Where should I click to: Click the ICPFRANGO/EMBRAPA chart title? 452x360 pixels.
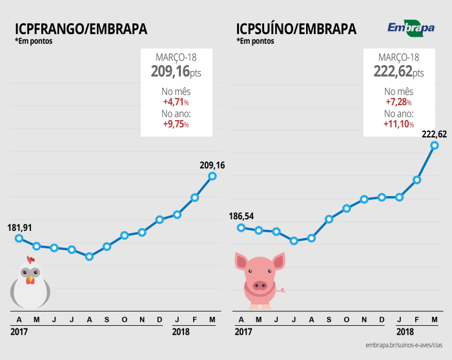coord(81,29)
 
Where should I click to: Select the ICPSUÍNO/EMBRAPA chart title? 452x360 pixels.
coord(296,29)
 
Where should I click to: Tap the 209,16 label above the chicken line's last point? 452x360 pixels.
coord(212,165)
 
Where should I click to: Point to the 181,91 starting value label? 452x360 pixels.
coord(20,227)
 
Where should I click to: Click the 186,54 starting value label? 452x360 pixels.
coord(242,216)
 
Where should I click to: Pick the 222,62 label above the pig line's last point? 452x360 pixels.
coord(435,134)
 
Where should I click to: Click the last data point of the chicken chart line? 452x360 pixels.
coord(212,175)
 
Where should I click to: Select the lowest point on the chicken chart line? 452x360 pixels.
coord(89,256)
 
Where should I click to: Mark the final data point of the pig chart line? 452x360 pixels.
coord(435,145)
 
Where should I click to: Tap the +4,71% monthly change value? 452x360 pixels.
coord(176,102)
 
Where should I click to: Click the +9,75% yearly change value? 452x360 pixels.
coord(176,124)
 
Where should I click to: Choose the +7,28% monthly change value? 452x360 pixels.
coord(398,102)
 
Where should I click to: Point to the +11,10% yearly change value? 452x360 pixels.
coord(398,124)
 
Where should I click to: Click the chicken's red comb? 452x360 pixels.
coord(30,260)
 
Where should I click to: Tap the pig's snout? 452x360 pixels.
coord(260,284)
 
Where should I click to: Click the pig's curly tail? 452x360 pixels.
coord(281,290)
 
